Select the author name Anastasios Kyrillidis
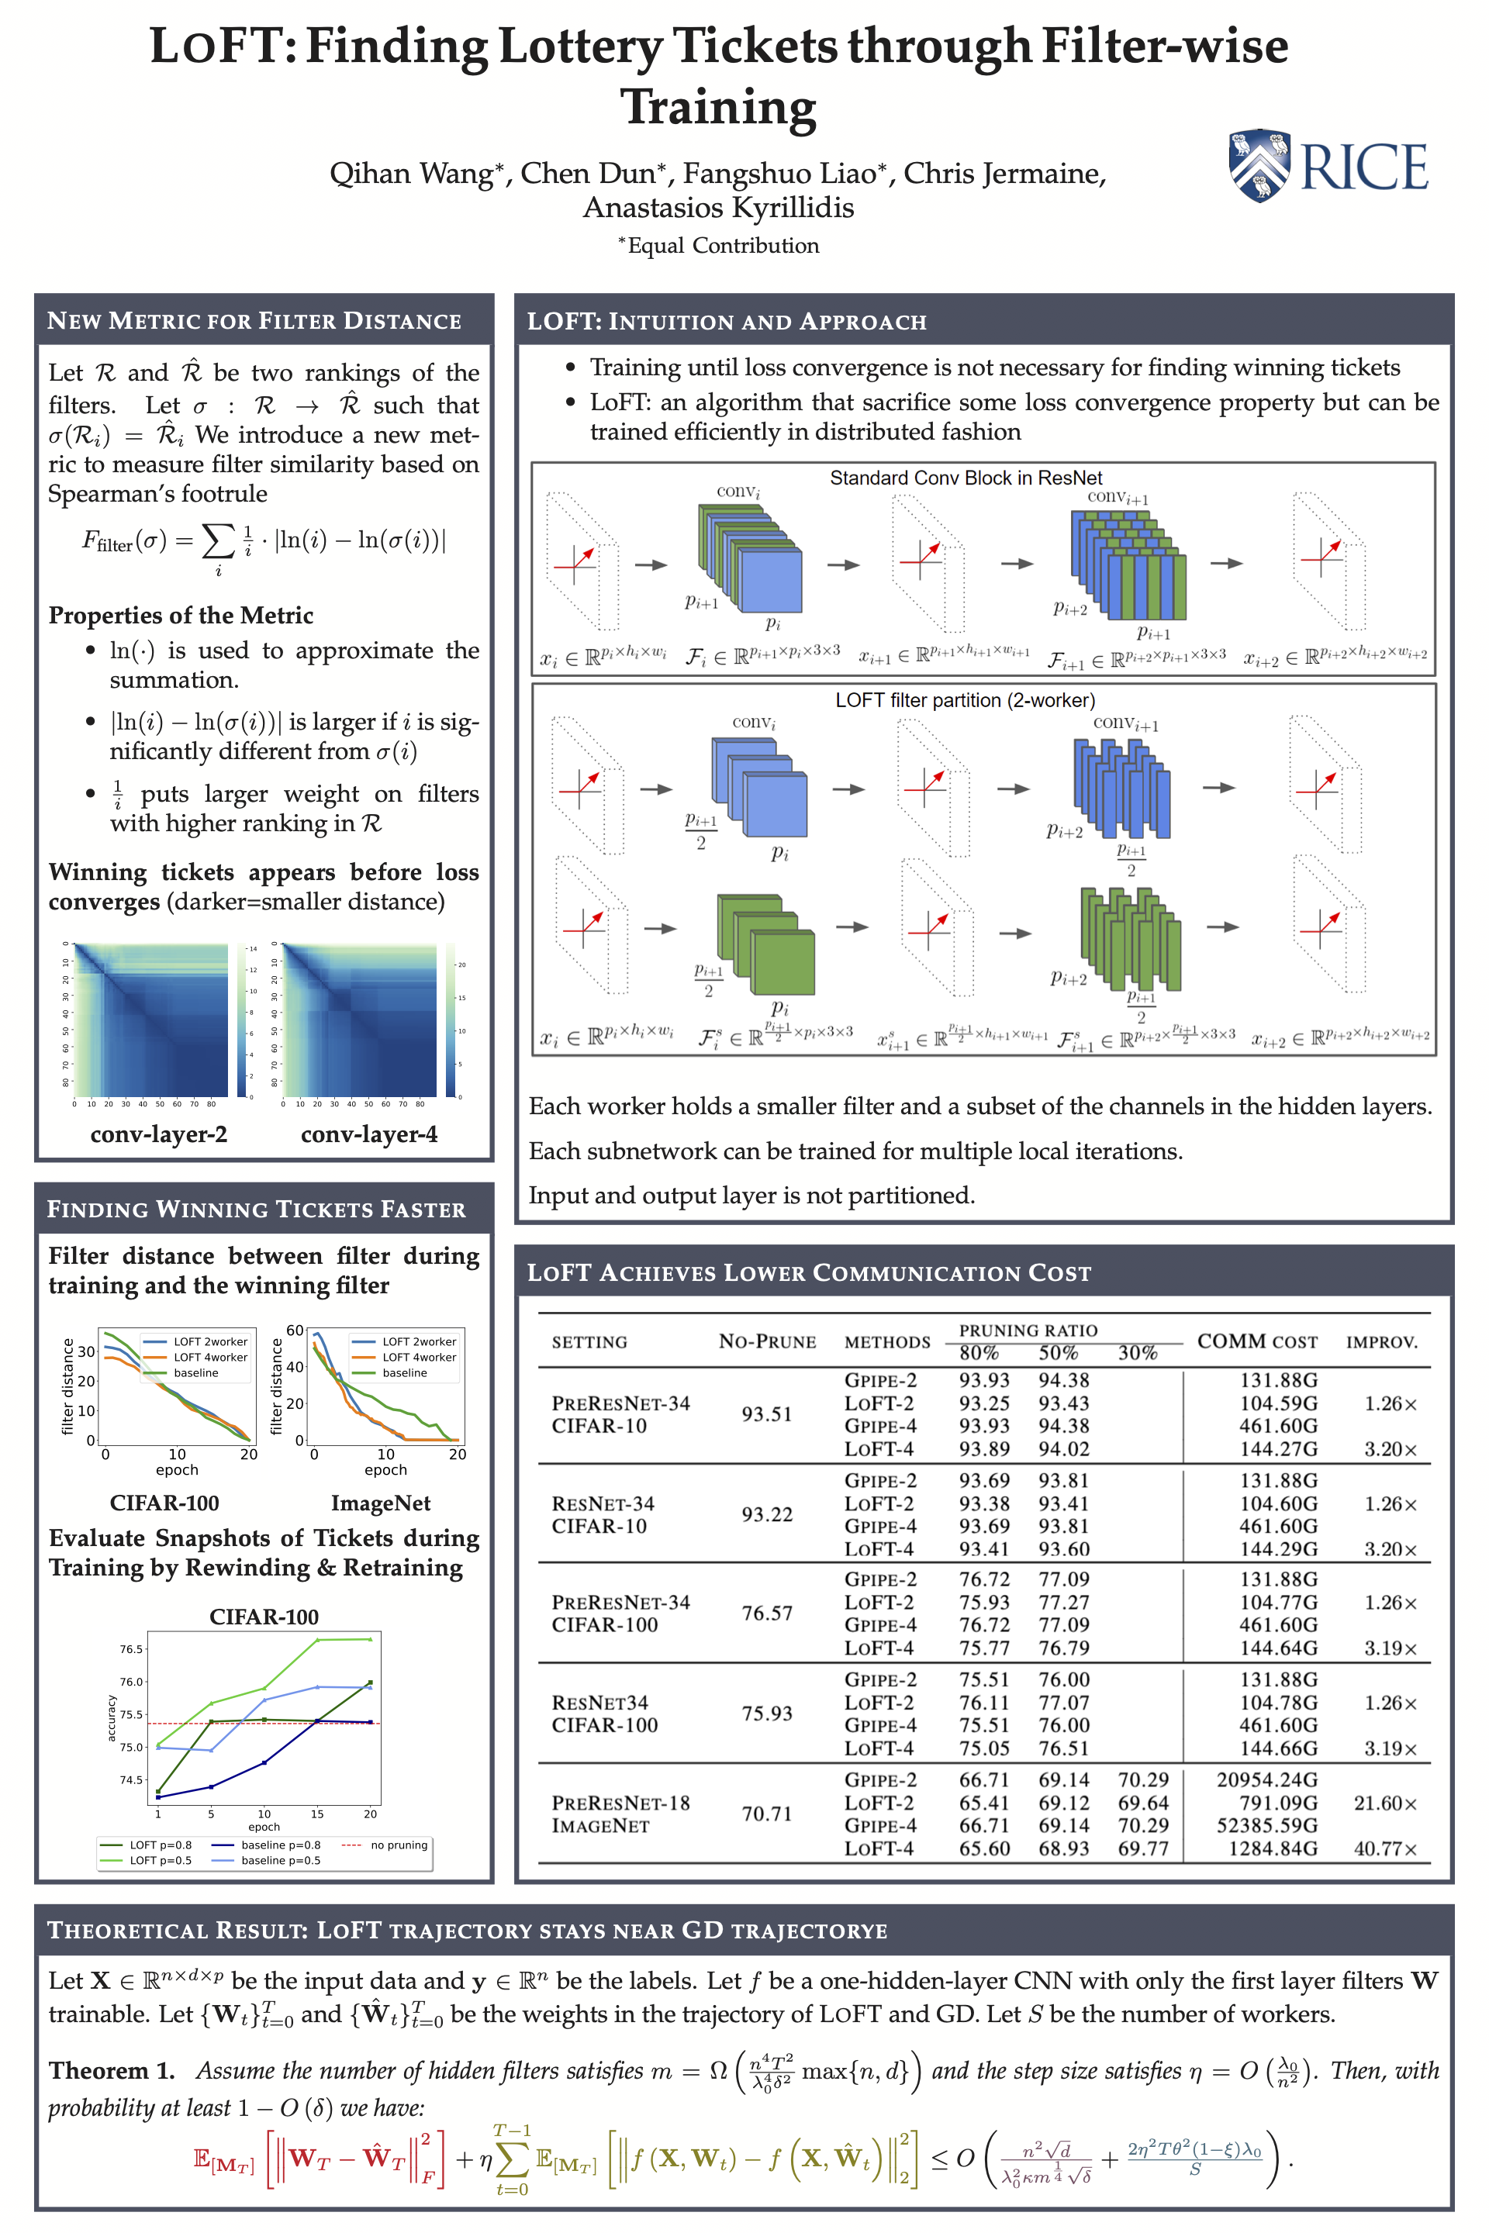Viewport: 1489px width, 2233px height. [718, 207]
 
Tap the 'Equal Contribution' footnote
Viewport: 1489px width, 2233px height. [719, 246]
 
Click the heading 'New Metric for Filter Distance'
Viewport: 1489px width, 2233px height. [254, 321]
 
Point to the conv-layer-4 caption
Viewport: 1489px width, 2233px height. [368, 1134]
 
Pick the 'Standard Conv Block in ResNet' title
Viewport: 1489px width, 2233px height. [966, 478]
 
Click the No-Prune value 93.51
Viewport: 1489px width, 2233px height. [766, 1413]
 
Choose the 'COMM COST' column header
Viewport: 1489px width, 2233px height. [1256, 1341]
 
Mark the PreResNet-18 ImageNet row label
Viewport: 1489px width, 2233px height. [621, 1814]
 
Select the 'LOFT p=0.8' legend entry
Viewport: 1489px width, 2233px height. [160, 1845]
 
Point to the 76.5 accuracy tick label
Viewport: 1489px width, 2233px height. [131, 1649]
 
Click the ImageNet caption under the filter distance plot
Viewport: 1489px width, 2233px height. [380, 1503]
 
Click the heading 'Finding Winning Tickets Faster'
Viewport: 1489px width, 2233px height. [257, 1210]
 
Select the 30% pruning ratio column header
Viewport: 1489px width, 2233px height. [1137, 1353]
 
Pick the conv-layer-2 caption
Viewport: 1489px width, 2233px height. [158, 1134]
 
